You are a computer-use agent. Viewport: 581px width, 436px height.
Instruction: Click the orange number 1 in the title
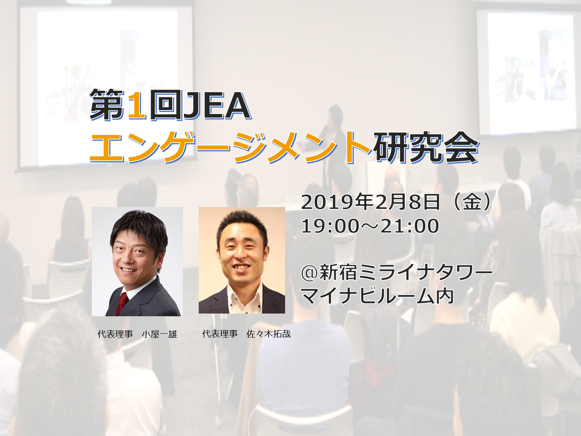point(137,105)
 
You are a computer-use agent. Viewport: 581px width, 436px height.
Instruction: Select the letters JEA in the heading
point(217,105)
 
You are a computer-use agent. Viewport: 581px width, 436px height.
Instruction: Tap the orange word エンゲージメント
point(231,147)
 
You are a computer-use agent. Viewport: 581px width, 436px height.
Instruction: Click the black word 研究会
point(426,147)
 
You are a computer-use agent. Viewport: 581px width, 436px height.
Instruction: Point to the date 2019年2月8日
point(371,202)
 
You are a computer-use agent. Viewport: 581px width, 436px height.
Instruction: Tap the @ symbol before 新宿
point(310,273)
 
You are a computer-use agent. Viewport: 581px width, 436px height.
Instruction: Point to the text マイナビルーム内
point(377,296)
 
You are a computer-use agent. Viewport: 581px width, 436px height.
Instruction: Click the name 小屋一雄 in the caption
point(159,334)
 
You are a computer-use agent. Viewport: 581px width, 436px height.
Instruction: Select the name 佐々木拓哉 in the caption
point(269,334)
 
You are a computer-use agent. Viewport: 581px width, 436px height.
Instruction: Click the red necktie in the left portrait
point(122,303)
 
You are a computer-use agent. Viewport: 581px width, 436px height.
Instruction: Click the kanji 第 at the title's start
point(107,105)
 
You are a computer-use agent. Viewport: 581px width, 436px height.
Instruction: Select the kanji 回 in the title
point(166,105)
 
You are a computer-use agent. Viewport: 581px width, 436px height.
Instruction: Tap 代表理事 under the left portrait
point(115,334)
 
